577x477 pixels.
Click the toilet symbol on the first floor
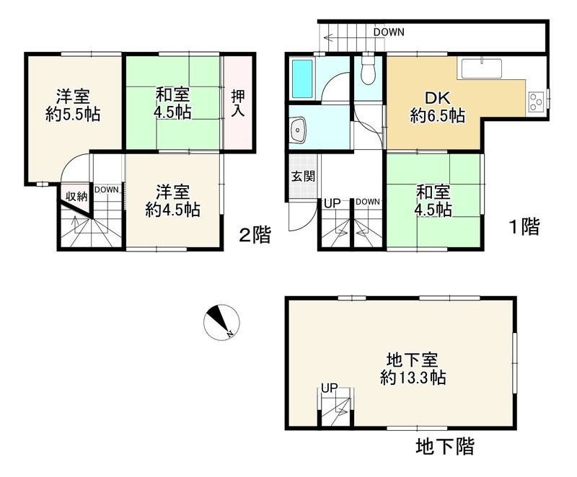pyautogui.click(x=368, y=69)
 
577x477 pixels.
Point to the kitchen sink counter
pyautogui.click(x=482, y=69)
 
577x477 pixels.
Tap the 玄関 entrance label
pyautogui.click(x=298, y=177)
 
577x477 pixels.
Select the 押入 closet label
pyautogui.click(x=238, y=103)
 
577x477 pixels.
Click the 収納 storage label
pyautogui.click(x=77, y=195)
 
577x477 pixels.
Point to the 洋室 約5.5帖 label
pyautogui.click(x=72, y=105)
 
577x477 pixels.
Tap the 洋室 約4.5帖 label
pyautogui.click(x=172, y=201)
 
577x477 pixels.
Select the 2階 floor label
pyautogui.click(x=255, y=234)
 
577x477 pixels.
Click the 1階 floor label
pyautogui.click(x=522, y=228)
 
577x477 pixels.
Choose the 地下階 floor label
pyautogui.click(x=445, y=446)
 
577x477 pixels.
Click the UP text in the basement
pyautogui.click(x=330, y=388)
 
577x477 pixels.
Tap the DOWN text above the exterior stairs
pyautogui.click(x=389, y=32)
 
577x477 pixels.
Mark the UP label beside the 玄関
pyautogui.click(x=332, y=202)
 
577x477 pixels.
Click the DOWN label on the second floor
pyautogui.click(x=106, y=190)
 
